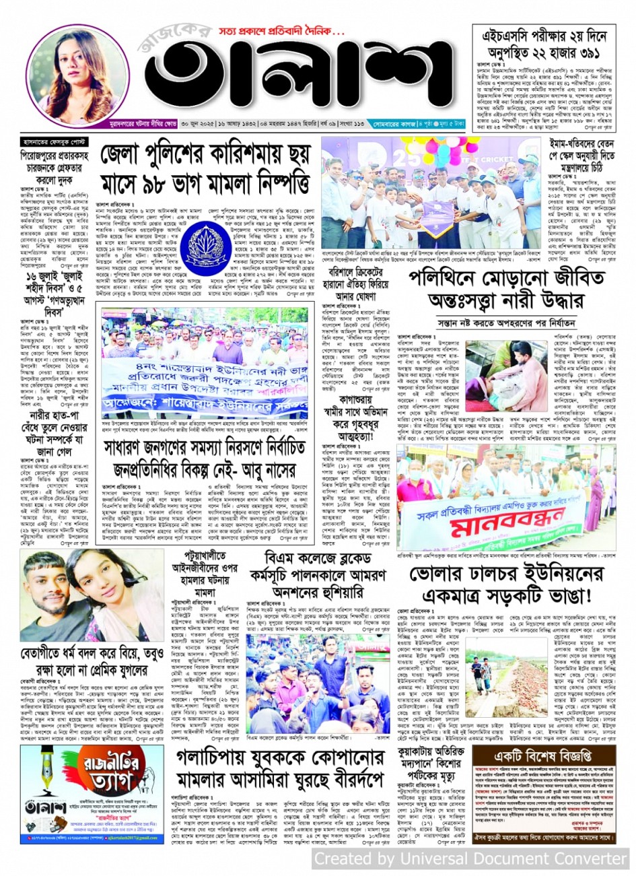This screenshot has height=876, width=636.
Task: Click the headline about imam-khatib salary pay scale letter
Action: pos(572,157)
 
